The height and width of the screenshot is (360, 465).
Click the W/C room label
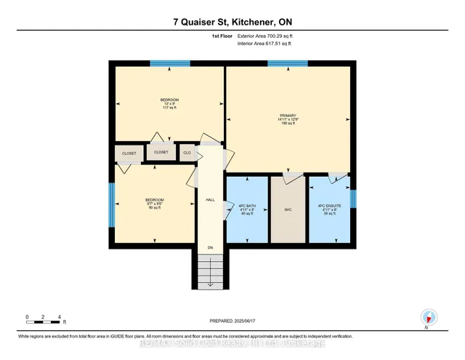coord(288,209)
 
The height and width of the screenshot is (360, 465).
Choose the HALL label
coord(210,199)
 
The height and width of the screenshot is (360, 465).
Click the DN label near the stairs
coord(210,248)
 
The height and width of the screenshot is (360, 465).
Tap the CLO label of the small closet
coord(187,153)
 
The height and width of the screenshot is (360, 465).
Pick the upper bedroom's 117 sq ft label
coord(169,108)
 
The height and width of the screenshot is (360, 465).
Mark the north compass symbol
coord(429,317)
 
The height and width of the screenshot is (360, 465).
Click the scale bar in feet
coord(44,319)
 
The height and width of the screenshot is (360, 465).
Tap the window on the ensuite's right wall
coord(354,199)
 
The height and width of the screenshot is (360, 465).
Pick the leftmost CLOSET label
coord(129,153)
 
